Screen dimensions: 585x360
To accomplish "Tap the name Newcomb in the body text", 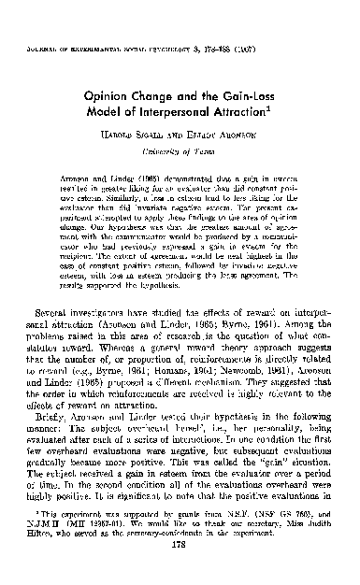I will point(247,359).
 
